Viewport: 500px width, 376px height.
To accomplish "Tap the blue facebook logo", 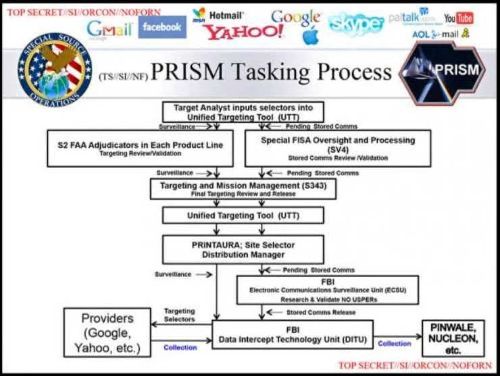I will point(161,27).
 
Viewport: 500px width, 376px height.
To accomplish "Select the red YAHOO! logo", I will point(243,32).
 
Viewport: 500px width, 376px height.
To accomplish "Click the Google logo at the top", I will point(295,18).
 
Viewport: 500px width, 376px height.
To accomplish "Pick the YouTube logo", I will point(458,18).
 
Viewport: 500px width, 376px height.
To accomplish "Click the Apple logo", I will point(309,36).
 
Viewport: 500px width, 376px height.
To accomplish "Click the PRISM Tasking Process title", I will point(270,72).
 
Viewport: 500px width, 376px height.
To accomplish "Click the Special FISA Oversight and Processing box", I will point(337,148).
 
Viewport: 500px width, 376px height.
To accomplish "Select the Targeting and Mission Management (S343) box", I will point(243,188).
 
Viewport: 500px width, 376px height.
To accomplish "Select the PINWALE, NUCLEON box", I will point(453,337).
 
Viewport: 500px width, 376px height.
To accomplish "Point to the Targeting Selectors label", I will point(180,314).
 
